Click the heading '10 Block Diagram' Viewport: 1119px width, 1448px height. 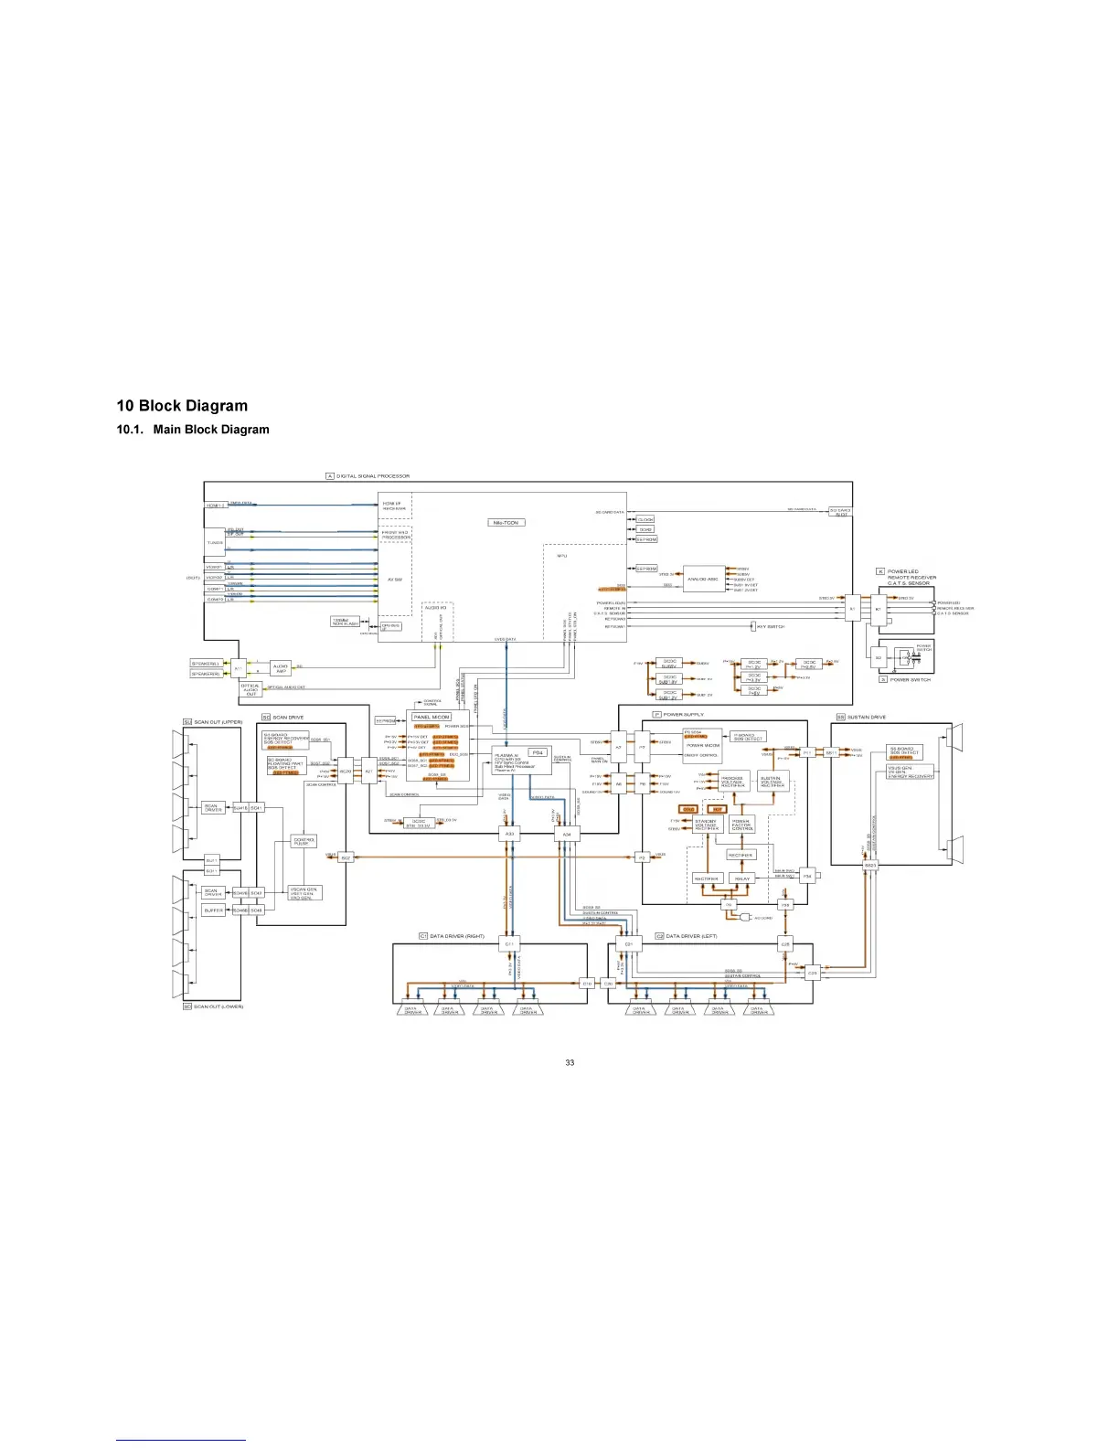(x=182, y=406)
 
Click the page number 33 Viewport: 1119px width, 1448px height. (x=570, y=1062)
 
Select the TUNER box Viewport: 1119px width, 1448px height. (x=215, y=542)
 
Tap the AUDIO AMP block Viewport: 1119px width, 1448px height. (x=281, y=668)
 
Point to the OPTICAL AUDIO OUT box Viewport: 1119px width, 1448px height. (x=250, y=689)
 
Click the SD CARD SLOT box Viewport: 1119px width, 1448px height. (x=840, y=512)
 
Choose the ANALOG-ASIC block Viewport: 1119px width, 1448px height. (x=703, y=579)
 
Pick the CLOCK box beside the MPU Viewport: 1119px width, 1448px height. (x=645, y=519)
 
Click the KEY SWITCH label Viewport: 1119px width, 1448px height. (x=771, y=627)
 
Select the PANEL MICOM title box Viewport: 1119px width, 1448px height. (x=431, y=718)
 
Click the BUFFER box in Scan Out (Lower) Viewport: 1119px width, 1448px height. (x=213, y=910)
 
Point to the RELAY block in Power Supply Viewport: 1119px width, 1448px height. (x=741, y=878)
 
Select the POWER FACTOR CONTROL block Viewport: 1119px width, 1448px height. (x=741, y=825)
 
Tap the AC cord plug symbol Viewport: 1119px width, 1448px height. (x=747, y=917)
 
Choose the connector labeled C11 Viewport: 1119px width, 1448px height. (x=509, y=942)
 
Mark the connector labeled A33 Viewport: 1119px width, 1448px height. (x=510, y=834)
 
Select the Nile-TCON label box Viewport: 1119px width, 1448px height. (x=506, y=523)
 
